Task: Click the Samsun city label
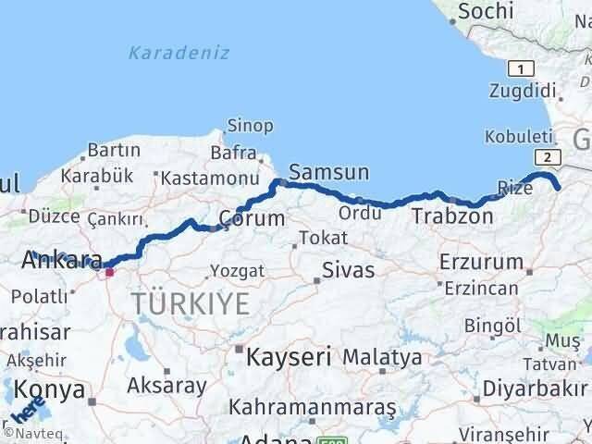tap(328, 173)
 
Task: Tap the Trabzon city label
tap(451, 216)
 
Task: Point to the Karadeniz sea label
tap(179, 53)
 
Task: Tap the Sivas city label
tap(349, 271)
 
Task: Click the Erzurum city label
tap(482, 263)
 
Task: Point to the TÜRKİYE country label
tap(190, 302)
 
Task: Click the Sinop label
tap(251, 125)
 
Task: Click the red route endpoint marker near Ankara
tap(109, 272)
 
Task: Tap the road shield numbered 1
tap(522, 68)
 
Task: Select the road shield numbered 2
tap(549, 157)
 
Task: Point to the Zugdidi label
tap(524, 91)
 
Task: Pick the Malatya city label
tap(382, 356)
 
